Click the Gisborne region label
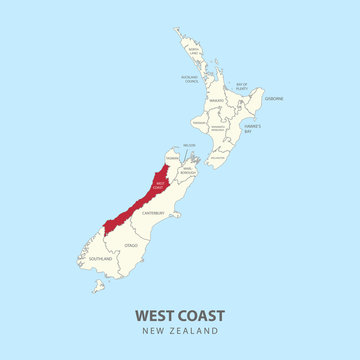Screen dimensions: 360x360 (x=275, y=99)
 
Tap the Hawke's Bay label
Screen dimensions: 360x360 (x=252, y=128)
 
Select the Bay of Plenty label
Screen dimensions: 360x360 (x=241, y=86)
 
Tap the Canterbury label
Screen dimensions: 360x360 (x=151, y=213)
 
